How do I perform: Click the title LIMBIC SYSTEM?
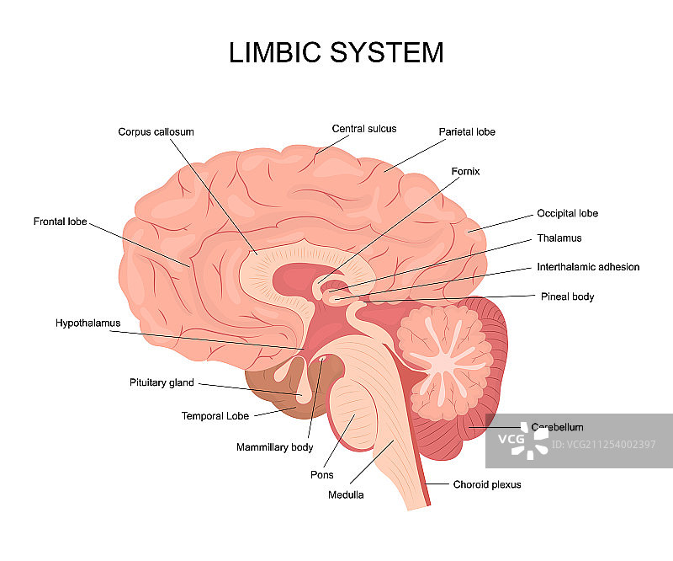[336, 52]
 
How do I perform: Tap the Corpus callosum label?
[156, 132]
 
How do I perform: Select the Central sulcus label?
[363, 129]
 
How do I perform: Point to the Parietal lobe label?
[467, 132]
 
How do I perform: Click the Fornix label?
[464, 172]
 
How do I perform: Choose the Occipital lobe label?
[567, 214]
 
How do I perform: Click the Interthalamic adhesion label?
[588, 267]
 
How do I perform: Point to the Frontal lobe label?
[60, 222]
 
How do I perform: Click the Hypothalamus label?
[88, 323]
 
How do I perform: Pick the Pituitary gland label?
[162, 382]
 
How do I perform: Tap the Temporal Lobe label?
[215, 416]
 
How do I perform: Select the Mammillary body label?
[274, 447]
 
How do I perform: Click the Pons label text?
[321, 475]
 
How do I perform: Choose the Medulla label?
[346, 495]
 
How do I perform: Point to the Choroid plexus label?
[487, 484]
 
